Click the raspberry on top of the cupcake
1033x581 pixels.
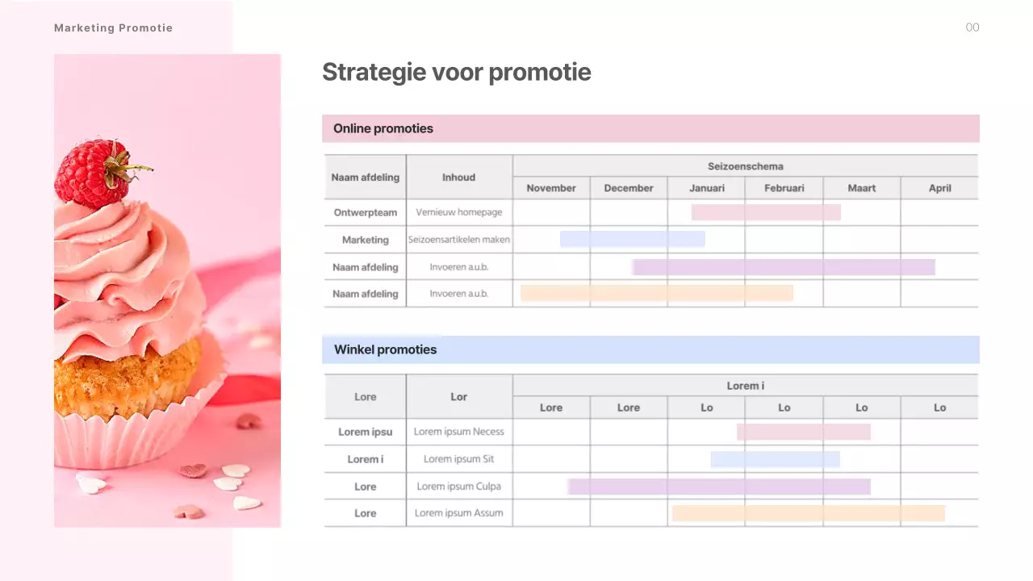pyautogui.click(x=90, y=173)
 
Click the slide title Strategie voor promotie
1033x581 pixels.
pyautogui.click(x=456, y=73)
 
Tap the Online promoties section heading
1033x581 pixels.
pyautogui.click(x=383, y=128)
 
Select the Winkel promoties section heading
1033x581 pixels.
pyautogui.click(x=385, y=349)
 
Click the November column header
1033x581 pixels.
pyautogui.click(x=551, y=188)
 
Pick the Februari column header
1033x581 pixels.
pyautogui.click(x=784, y=188)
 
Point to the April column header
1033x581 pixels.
pyautogui.click(x=939, y=188)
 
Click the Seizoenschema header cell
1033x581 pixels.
pyautogui.click(x=745, y=166)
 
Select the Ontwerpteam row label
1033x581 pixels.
pyautogui.click(x=366, y=212)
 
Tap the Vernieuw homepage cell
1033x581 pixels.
pyautogui.click(x=459, y=212)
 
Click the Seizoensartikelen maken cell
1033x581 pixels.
pyautogui.click(x=459, y=240)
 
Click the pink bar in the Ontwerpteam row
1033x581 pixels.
pyautogui.click(x=766, y=212)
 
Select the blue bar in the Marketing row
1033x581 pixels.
pyautogui.click(x=632, y=239)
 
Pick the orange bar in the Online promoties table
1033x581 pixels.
pyautogui.click(x=656, y=293)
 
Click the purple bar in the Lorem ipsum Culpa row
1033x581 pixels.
pyautogui.click(x=718, y=487)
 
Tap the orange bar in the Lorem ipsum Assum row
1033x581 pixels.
pyautogui.click(x=808, y=513)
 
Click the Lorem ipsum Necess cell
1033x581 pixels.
pyautogui.click(x=459, y=432)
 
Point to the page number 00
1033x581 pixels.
pyautogui.click(x=972, y=27)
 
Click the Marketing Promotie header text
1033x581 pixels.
pyautogui.click(x=113, y=28)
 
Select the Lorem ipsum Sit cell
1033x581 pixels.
pyautogui.click(x=459, y=459)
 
